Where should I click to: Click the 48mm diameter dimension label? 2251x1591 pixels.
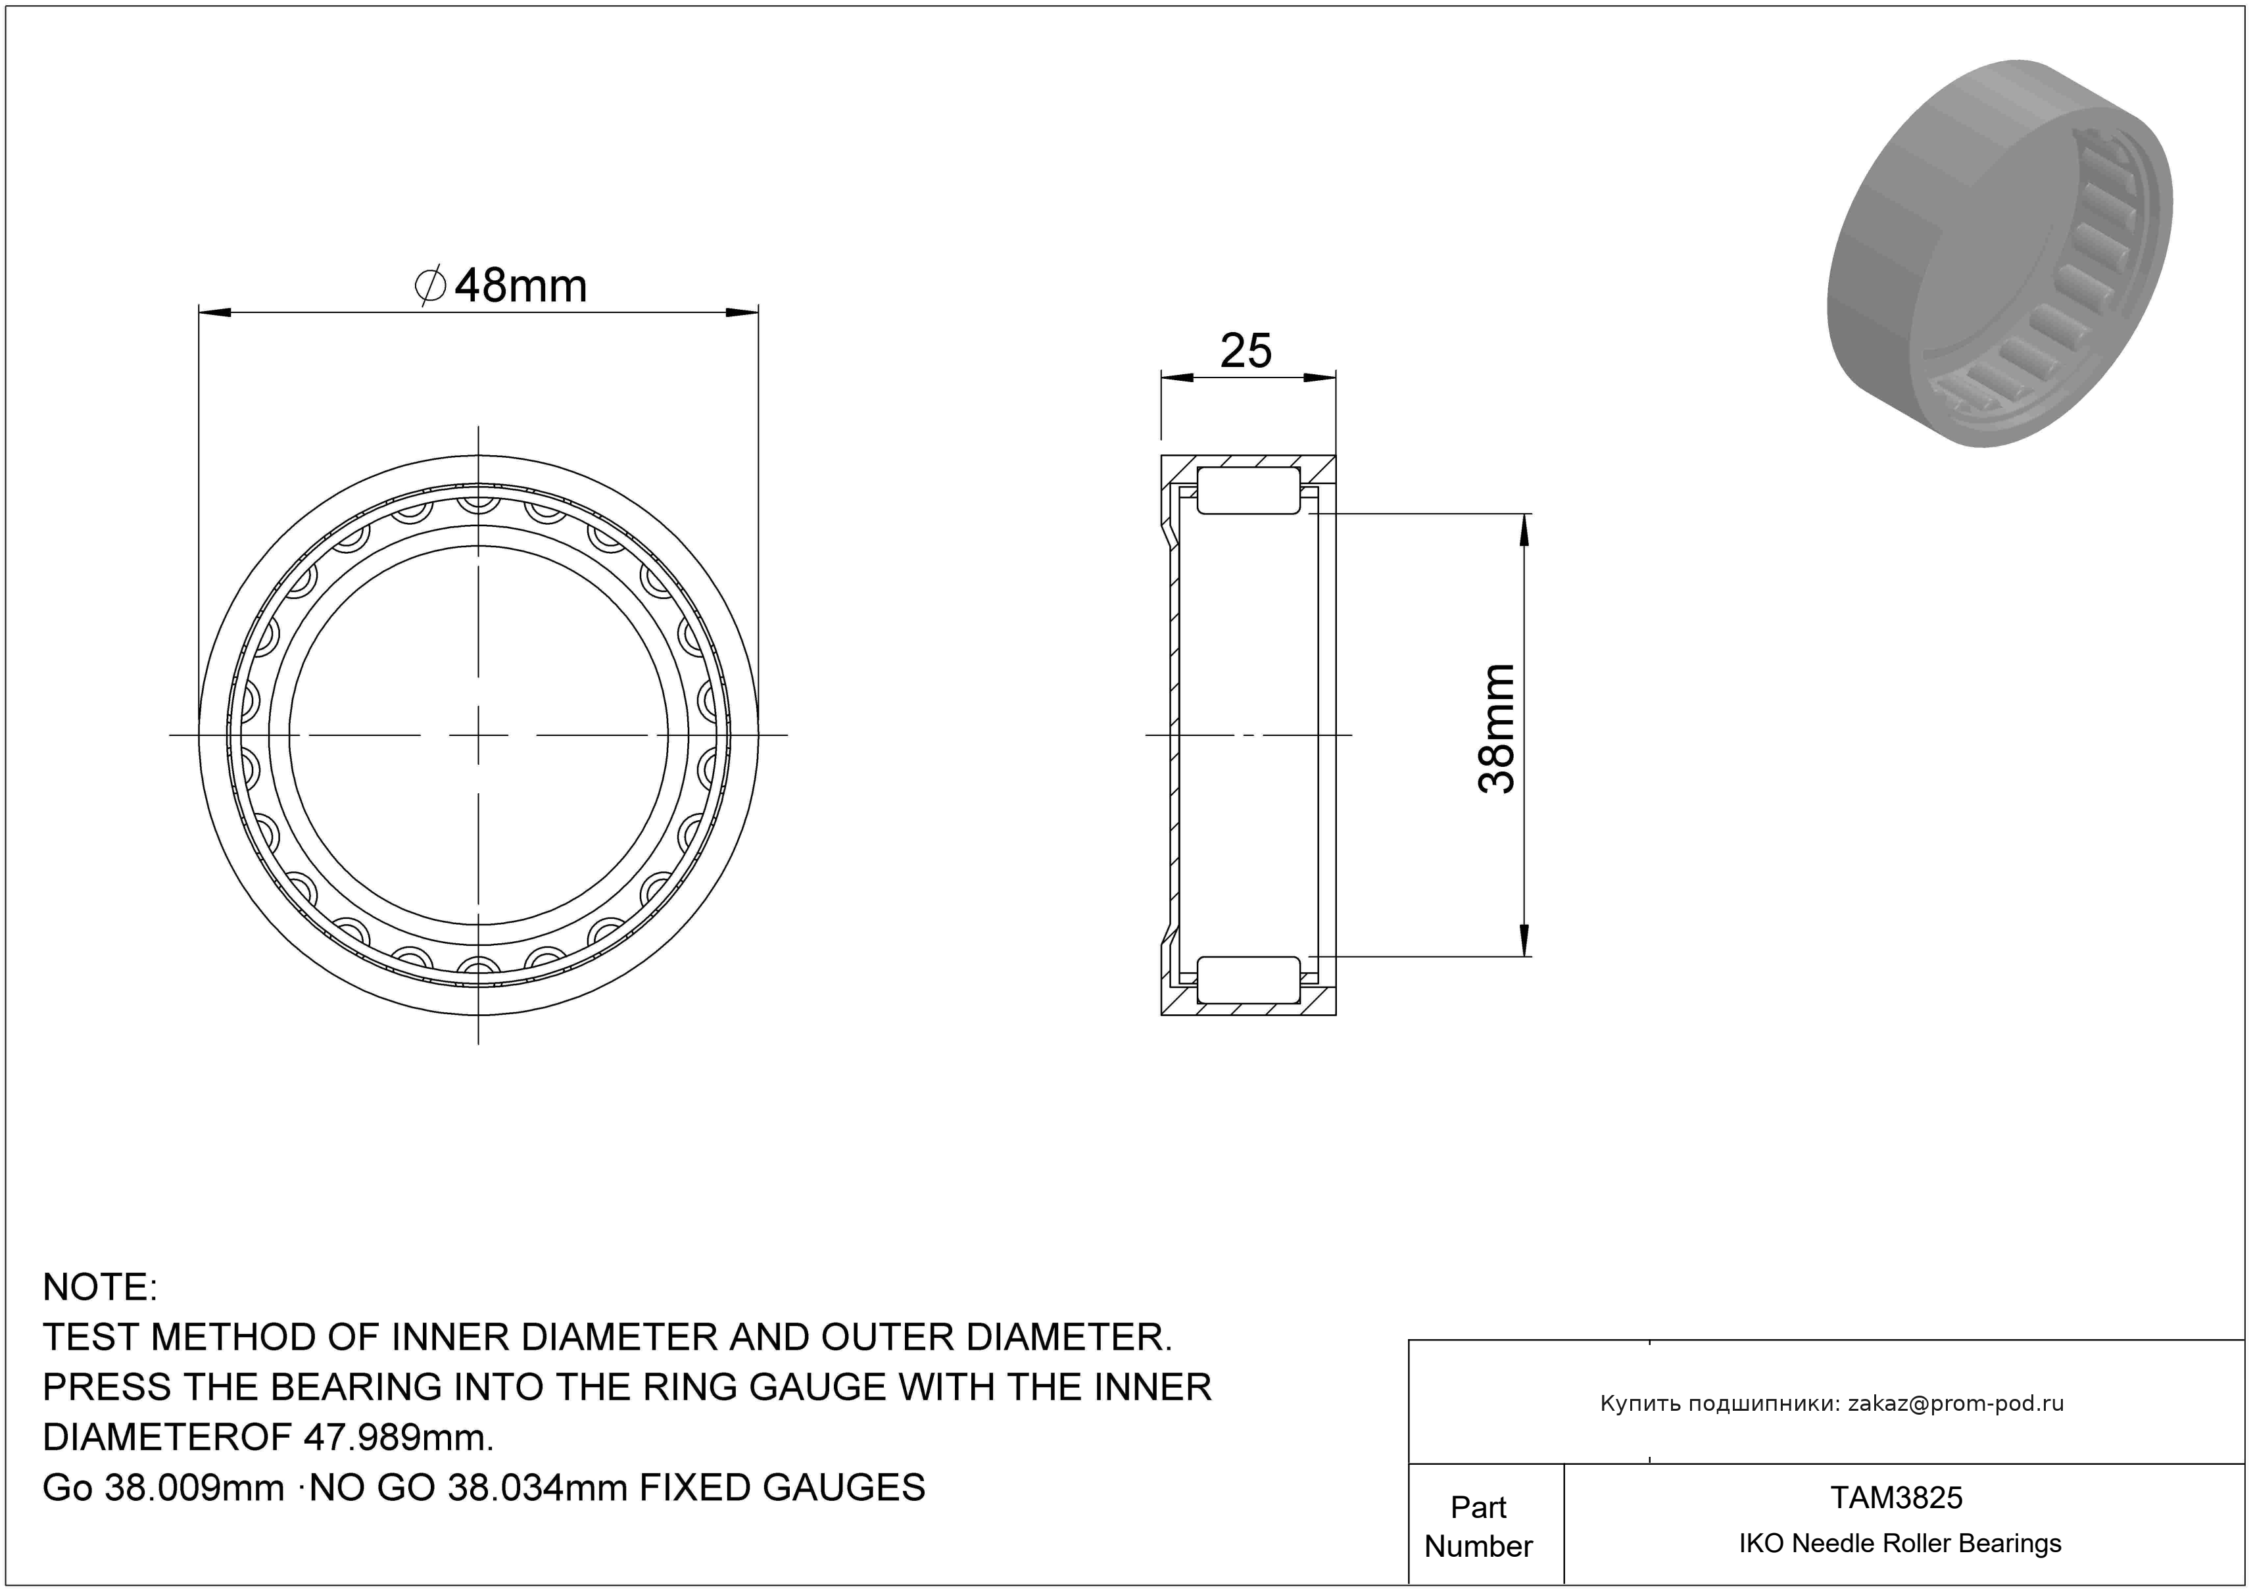[x=501, y=285]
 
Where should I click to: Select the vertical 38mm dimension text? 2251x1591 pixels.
[x=1497, y=728]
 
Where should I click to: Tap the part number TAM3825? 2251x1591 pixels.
[x=1897, y=1497]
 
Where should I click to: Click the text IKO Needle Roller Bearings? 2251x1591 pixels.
[x=1900, y=1543]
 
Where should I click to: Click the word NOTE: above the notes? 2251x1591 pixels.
[x=100, y=1287]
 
